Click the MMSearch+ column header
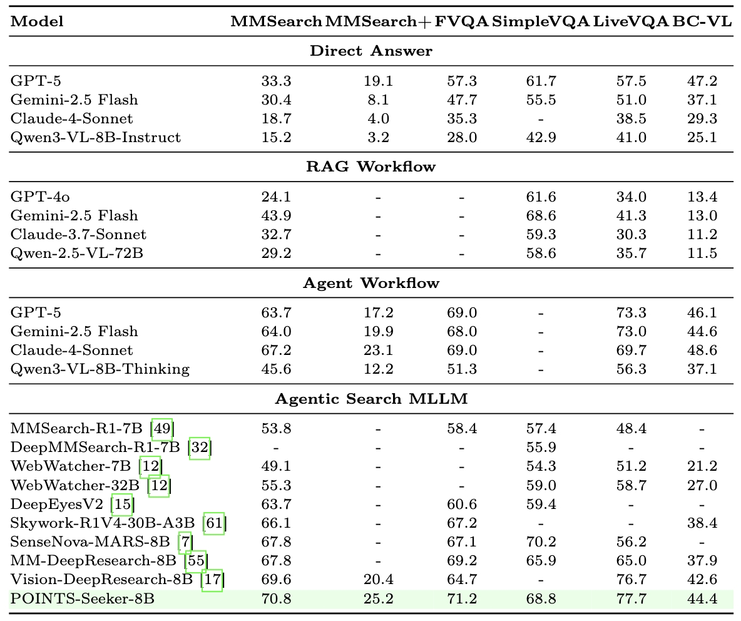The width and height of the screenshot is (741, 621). click(377, 21)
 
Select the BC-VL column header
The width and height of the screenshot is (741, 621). click(702, 21)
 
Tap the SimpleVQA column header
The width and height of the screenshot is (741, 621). click(541, 21)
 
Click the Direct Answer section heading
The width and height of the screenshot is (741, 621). click(371, 51)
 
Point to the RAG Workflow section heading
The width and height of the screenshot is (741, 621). click(371, 167)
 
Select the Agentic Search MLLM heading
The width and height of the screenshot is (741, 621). click(371, 399)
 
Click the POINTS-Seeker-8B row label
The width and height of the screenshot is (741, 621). click(82, 598)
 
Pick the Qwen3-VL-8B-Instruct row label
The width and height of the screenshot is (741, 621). click(95, 137)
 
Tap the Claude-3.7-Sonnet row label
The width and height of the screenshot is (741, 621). click(78, 234)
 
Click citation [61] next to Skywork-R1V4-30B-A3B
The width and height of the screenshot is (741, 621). click(215, 523)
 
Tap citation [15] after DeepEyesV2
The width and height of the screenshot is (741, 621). click(122, 505)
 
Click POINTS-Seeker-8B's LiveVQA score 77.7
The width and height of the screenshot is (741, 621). click(631, 598)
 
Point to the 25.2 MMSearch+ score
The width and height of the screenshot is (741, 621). click(378, 598)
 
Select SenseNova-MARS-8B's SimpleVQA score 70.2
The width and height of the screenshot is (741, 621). click(541, 542)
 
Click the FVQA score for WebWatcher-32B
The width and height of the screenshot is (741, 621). click(462, 486)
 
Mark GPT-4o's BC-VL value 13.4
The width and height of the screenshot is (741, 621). click(702, 197)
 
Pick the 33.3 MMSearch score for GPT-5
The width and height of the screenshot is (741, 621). click(276, 81)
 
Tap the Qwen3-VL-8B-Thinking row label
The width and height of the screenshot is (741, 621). click(100, 369)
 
